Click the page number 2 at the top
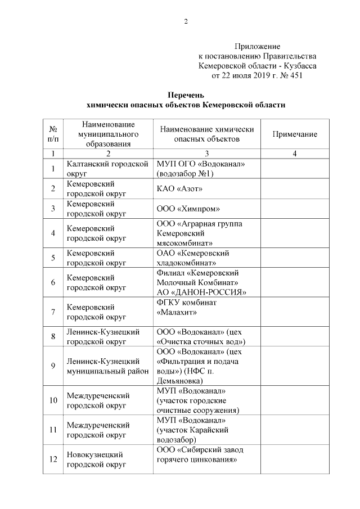(x=185, y=22)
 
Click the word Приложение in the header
(x=257, y=46)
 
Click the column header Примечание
(x=294, y=134)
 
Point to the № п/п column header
(x=53, y=134)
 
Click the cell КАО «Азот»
(x=179, y=188)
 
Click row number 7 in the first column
(x=53, y=312)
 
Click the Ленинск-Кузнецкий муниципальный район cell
(x=107, y=366)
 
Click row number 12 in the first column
(x=53, y=459)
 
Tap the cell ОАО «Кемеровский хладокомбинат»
(x=192, y=258)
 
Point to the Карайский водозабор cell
(x=192, y=430)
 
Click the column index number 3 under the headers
(x=206, y=154)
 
